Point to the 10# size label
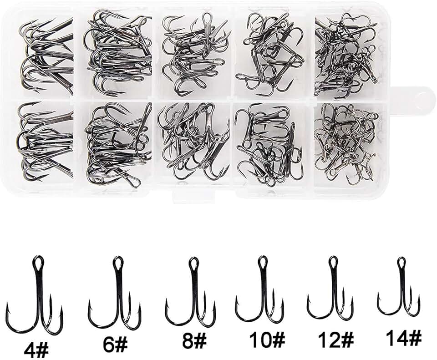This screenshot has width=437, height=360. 267,339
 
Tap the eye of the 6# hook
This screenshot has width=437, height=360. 117,263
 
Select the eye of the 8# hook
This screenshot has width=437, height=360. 193,264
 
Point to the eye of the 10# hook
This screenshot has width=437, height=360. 262,262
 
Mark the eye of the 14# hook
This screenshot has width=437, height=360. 401,263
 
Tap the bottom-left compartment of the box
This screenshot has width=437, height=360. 46,143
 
